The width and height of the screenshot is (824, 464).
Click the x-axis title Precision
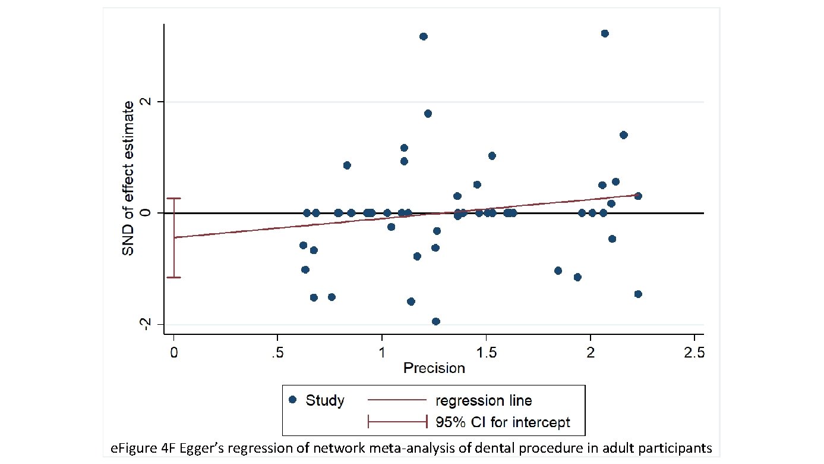pos(434,368)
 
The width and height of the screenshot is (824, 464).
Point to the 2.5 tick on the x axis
pos(694,353)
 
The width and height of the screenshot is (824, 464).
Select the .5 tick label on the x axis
pos(277,353)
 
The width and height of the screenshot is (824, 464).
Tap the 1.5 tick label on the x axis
pos(486,353)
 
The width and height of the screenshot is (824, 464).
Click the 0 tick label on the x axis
pos(173,353)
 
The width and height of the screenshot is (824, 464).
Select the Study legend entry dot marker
pos(292,400)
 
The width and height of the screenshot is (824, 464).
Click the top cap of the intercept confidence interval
pos(173,199)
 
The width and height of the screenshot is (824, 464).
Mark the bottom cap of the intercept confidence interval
pos(173,277)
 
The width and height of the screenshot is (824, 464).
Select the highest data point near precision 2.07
pos(605,33)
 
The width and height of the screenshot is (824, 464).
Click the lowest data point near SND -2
pos(435,321)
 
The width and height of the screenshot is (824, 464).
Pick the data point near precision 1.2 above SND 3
pos(423,36)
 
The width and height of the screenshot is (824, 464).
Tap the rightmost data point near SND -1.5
pos(638,294)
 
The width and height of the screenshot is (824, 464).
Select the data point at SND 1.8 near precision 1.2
pos(428,113)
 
